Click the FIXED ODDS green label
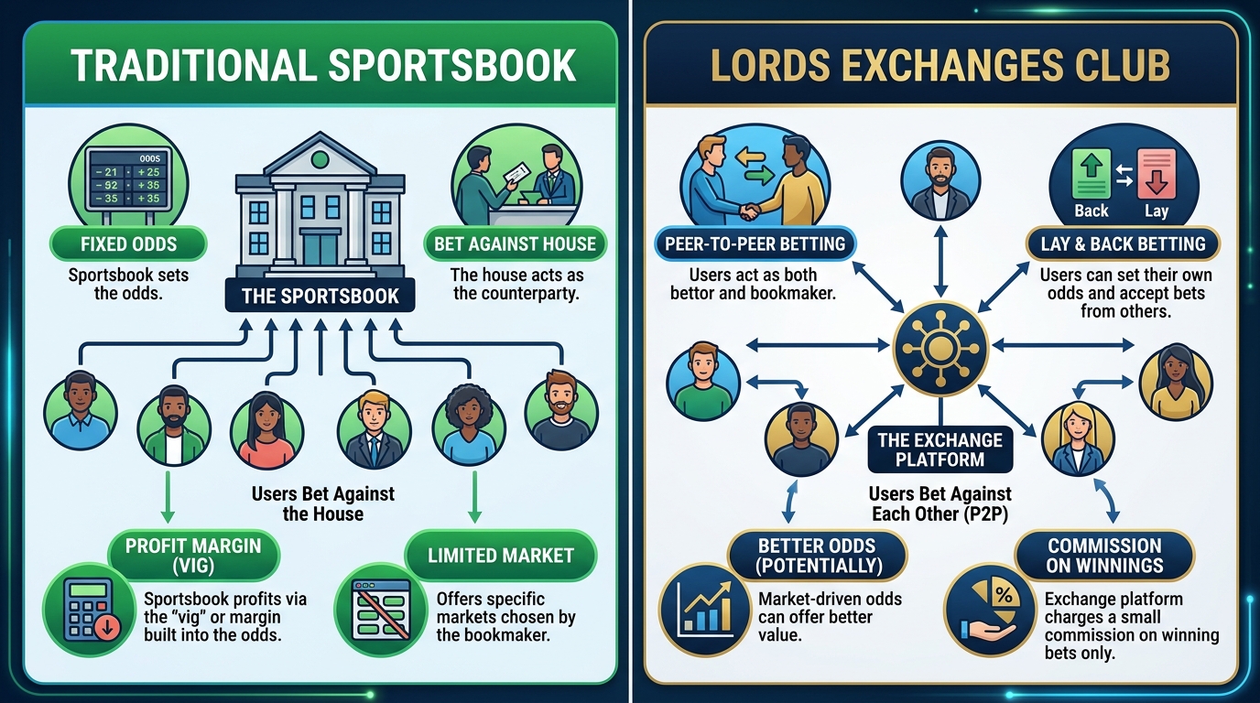[x=128, y=243]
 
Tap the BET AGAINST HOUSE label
[x=515, y=243]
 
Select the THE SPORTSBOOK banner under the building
[x=320, y=296]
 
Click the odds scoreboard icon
[x=128, y=178]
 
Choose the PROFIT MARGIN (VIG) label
[x=193, y=555]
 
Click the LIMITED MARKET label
[x=501, y=555]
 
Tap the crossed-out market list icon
[x=381, y=610]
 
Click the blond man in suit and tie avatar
[x=374, y=429]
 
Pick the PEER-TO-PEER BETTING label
[x=755, y=243]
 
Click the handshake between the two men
[x=749, y=211]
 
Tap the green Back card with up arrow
[x=1092, y=174]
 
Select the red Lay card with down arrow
[x=1157, y=174]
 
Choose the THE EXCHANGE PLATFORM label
[x=940, y=449]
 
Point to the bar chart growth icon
[x=705, y=610]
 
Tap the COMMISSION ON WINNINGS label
[x=1104, y=555]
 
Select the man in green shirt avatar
[x=703, y=382]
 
